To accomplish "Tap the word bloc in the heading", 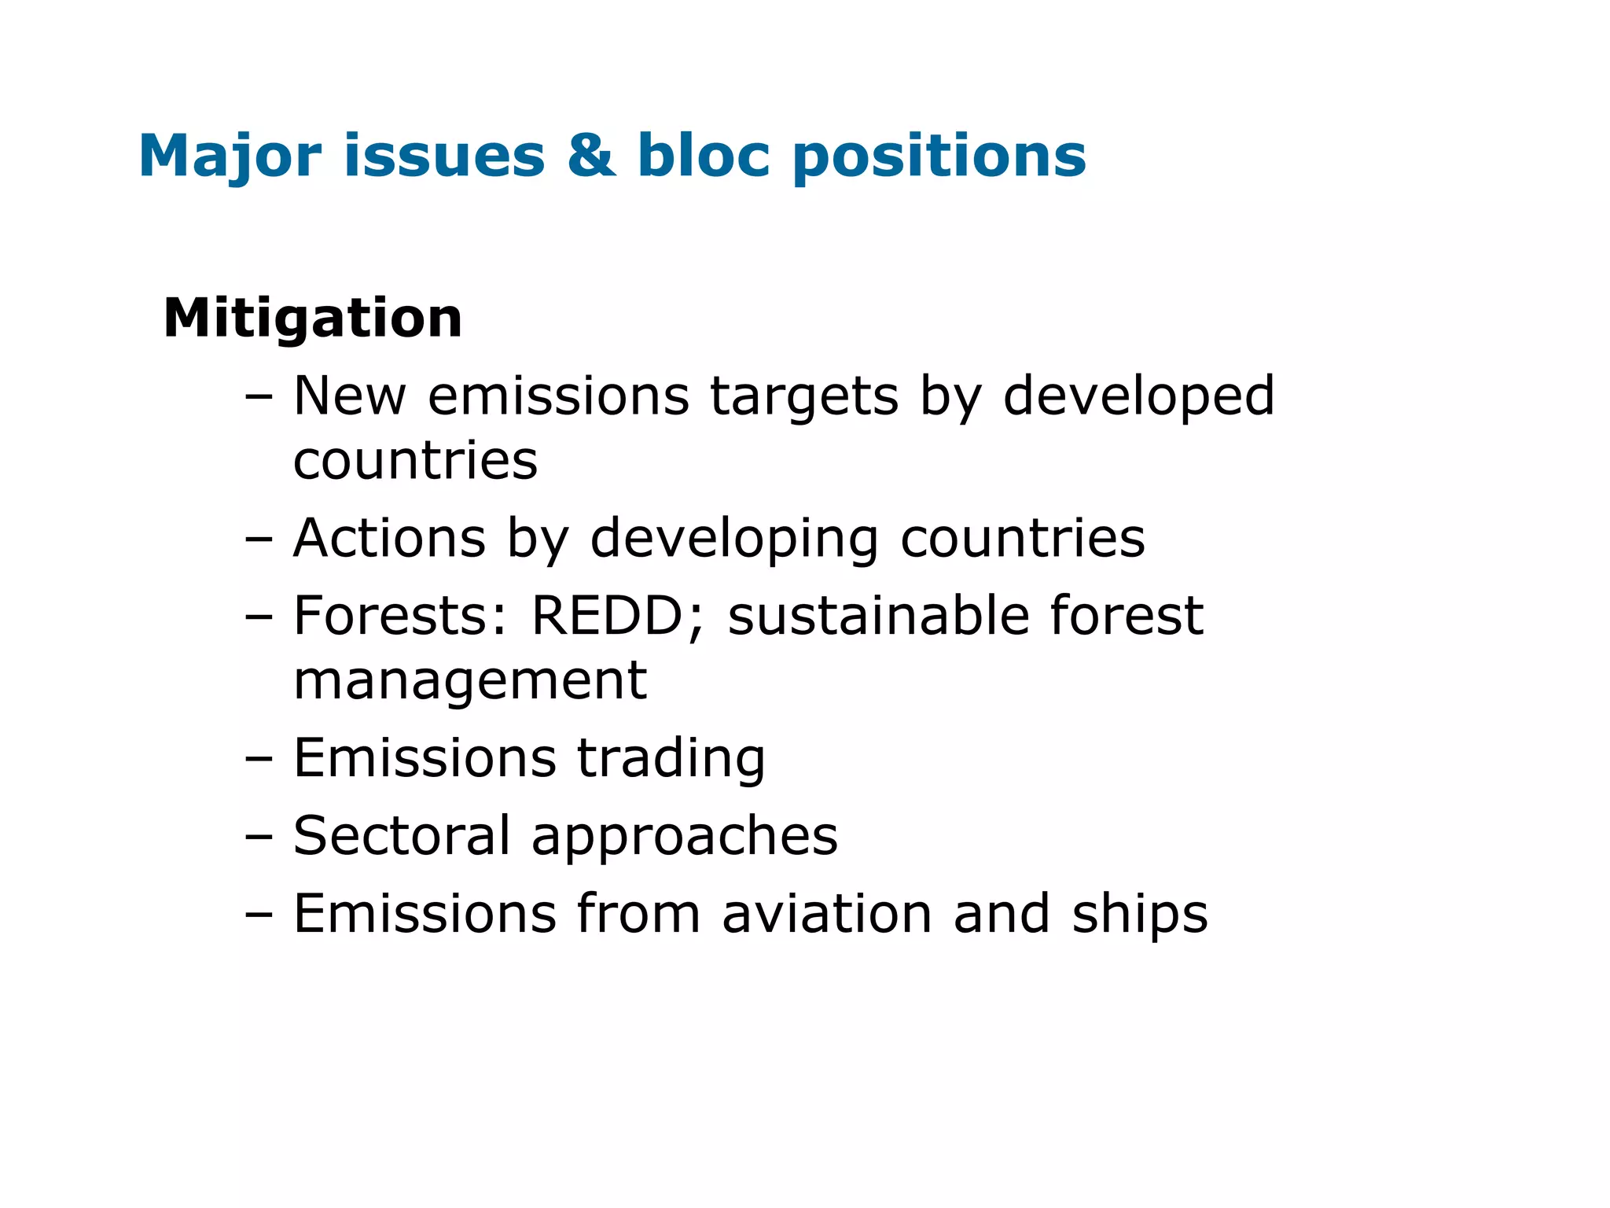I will (703, 156).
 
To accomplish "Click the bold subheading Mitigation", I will (312, 319).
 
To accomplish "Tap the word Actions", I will (389, 539).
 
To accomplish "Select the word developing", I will (734, 540).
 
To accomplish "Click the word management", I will (469, 680).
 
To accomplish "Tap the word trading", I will (671, 759).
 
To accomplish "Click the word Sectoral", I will (402, 835).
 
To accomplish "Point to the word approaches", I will (684, 837).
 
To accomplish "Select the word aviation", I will (826, 914).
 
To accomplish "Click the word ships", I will (1139, 915).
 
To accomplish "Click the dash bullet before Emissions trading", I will (258, 759).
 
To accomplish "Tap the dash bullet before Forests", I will (258, 617).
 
